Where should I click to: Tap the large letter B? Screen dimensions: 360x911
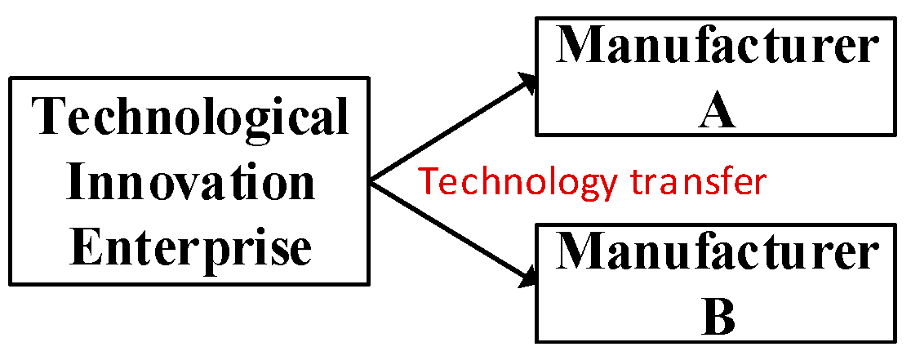(718, 319)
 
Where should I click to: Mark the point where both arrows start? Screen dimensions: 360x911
(371, 181)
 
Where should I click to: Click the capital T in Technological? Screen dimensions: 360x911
(50, 118)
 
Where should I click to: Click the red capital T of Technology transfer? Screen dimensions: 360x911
(426, 181)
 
